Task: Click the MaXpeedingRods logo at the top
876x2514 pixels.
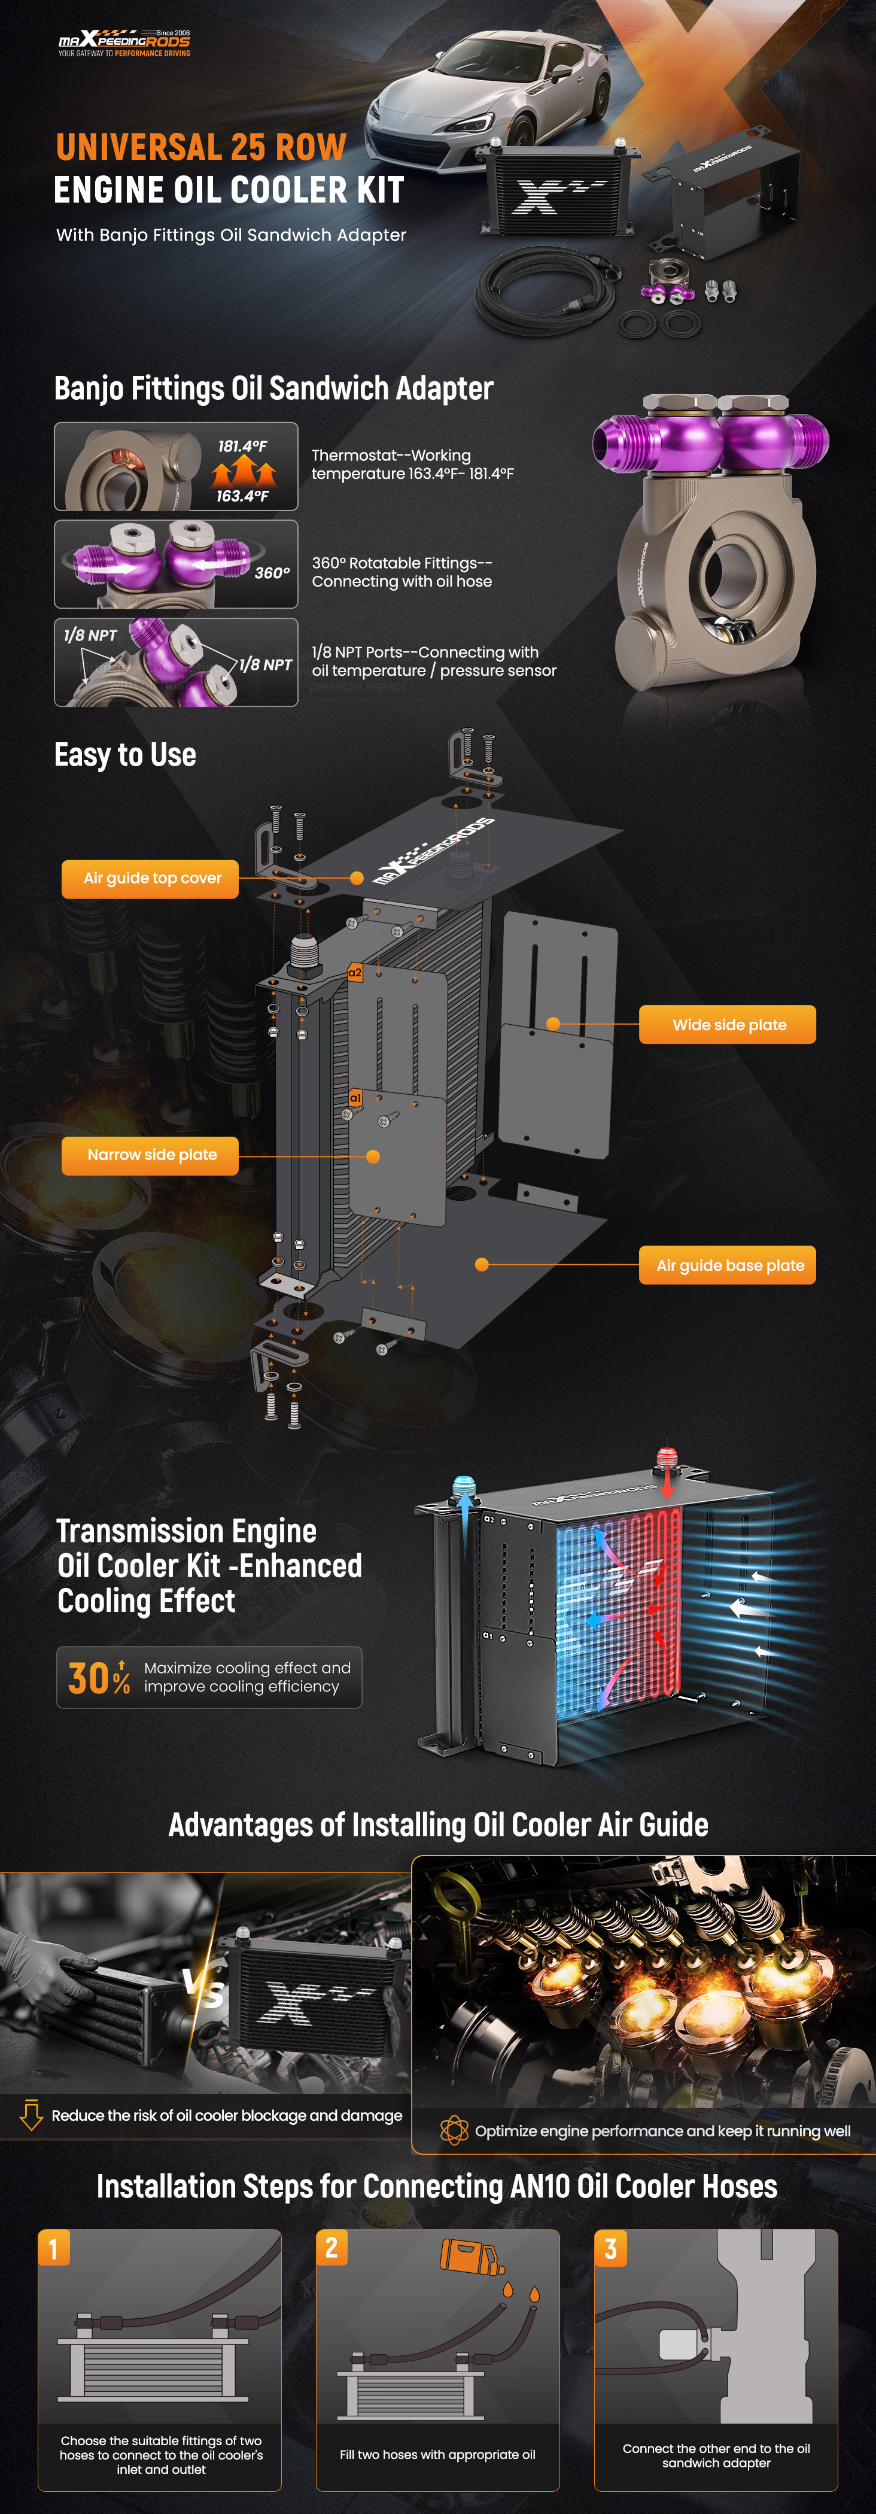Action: tap(124, 42)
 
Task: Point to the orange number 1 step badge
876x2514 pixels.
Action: tap(54, 2249)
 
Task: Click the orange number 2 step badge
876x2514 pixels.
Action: tap(331, 2248)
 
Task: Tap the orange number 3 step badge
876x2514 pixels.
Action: tap(611, 2249)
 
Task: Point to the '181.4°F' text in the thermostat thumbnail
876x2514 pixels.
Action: tap(242, 446)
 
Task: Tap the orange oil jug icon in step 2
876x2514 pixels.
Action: tap(470, 2257)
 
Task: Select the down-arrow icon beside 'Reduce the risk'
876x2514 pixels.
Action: tap(31, 2115)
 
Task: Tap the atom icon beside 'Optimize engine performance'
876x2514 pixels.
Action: tap(454, 2130)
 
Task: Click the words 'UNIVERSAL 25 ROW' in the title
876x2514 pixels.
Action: tap(201, 147)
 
